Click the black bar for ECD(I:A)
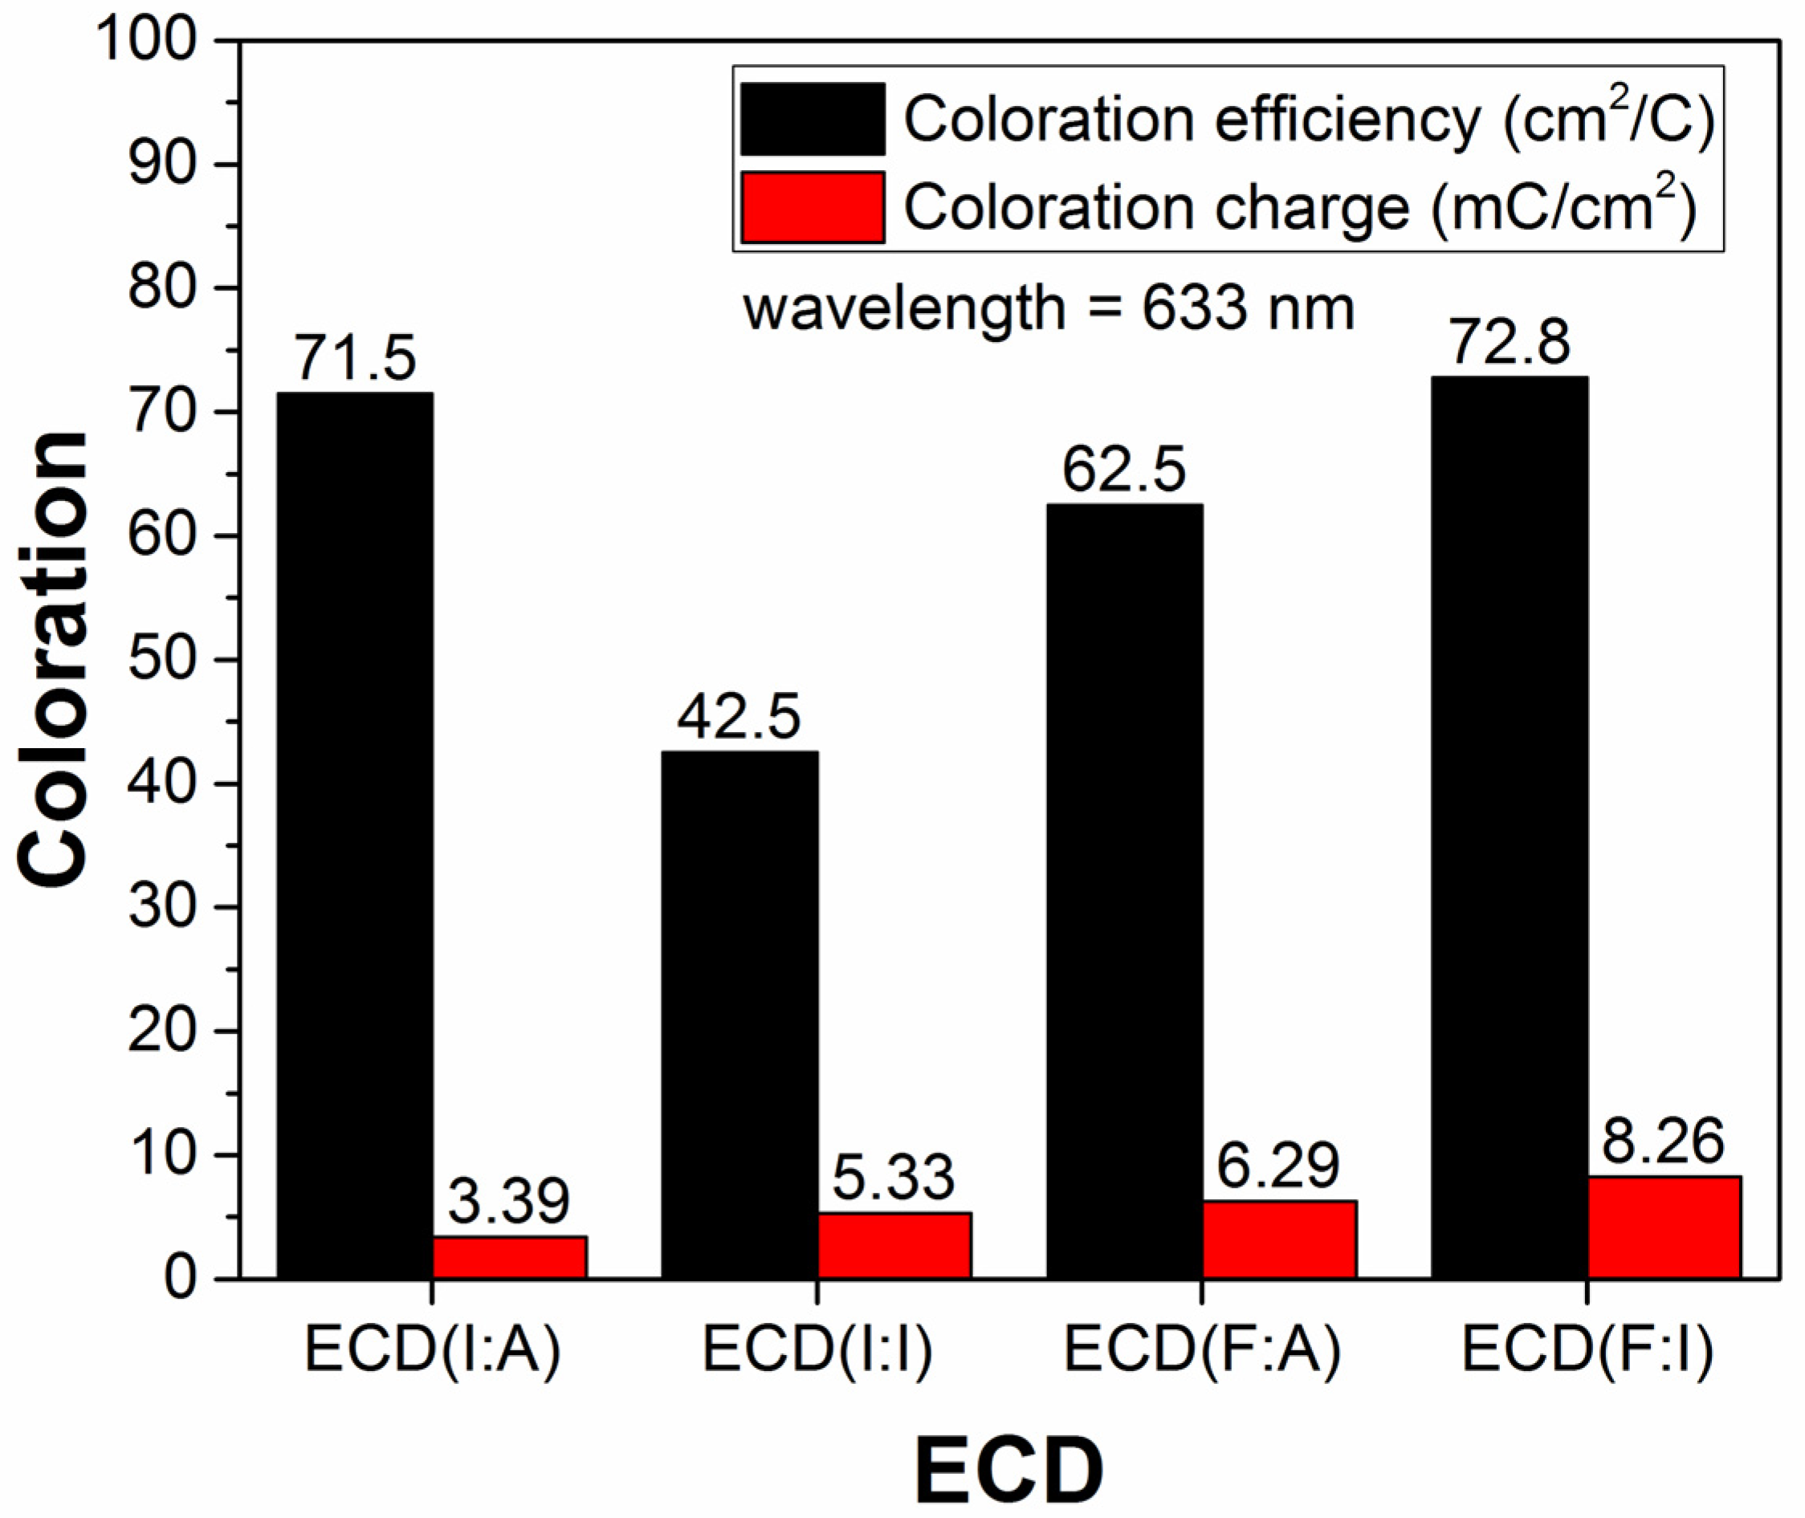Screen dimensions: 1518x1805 [x=354, y=835]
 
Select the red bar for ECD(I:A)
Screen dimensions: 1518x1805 [x=510, y=1257]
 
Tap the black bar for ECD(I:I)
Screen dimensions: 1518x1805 [x=740, y=1015]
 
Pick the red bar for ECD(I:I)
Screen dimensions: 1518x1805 [x=894, y=1245]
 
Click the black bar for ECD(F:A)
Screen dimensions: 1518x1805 [x=1124, y=891]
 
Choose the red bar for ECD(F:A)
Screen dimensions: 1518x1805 [x=1279, y=1239]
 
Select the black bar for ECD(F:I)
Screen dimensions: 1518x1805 [x=1509, y=827]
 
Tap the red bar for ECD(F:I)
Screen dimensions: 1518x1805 [x=1664, y=1227]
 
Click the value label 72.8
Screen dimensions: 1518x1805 [x=1510, y=342]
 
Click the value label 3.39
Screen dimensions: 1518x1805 [x=509, y=1203]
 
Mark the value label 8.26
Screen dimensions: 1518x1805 [x=1663, y=1142]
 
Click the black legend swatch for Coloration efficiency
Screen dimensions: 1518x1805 [x=813, y=119]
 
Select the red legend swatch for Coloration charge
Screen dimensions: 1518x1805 [x=813, y=206]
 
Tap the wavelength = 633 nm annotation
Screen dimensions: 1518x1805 [x=1049, y=308]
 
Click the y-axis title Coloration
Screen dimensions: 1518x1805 [x=53, y=658]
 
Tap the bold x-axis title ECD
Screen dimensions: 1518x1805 [x=1008, y=1469]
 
